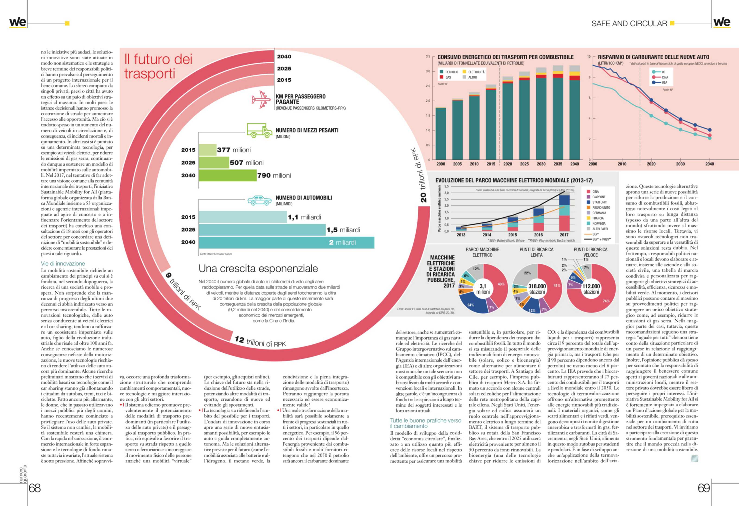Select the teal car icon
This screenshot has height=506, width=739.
[259, 200]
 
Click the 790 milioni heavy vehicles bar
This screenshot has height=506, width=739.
[228, 175]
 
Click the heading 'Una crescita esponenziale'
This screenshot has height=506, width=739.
[258, 269]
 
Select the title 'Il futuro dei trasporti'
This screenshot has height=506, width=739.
[158, 66]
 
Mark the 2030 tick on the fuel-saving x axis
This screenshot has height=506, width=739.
[680, 164]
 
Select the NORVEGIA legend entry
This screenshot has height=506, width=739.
[599, 223]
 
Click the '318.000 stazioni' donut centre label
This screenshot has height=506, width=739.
[537, 289]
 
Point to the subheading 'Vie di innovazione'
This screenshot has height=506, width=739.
[63, 263]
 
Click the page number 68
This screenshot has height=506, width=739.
[35, 488]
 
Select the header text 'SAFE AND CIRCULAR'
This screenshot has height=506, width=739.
[629, 24]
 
